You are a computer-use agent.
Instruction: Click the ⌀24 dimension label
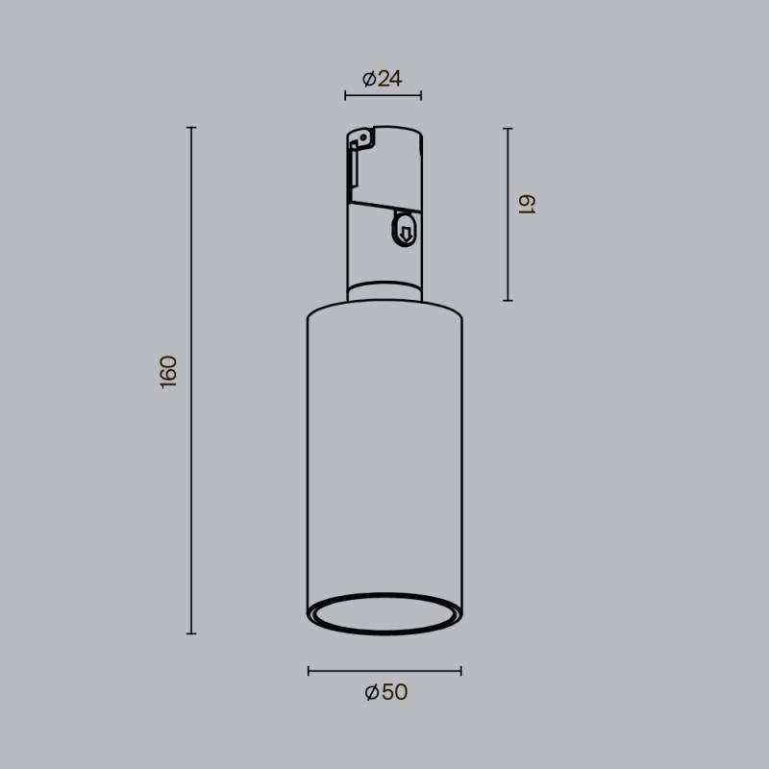(383, 80)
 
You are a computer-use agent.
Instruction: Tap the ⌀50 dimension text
(385, 692)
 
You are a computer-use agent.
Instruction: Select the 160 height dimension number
(169, 372)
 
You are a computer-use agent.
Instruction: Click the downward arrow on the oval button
(405, 232)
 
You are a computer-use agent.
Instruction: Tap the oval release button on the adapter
(405, 231)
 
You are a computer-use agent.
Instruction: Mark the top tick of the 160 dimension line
(191, 127)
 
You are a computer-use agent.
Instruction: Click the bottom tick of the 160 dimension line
(191, 633)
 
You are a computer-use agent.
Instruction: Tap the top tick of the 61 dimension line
(508, 127)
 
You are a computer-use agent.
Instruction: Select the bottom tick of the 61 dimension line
(508, 301)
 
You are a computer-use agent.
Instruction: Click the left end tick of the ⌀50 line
(309, 670)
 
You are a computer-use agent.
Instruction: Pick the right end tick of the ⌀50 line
(461, 670)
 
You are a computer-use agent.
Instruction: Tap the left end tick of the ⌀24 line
(346, 96)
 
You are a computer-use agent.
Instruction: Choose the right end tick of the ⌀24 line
(421, 96)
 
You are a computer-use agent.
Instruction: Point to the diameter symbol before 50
(372, 692)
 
